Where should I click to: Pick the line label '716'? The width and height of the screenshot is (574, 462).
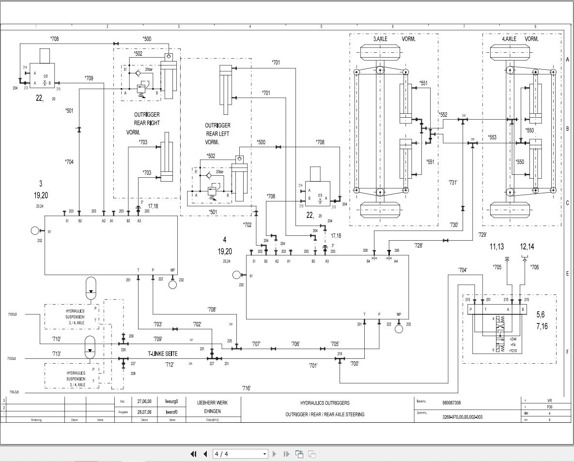click(x=246, y=388)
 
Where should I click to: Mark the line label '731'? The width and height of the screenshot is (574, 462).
click(x=453, y=183)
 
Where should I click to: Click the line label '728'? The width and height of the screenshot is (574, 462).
click(x=418, y=246)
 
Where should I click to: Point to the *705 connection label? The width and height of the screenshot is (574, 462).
click(x=497, y=267)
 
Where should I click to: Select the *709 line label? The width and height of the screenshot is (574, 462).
click(x=89, y=77)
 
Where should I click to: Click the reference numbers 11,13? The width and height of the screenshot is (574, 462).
click(x=497, y=247)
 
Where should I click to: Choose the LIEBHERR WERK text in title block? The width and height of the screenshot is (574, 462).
click(x=212, y=402)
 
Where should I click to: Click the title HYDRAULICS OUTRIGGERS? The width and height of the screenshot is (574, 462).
click(x=325, y=403)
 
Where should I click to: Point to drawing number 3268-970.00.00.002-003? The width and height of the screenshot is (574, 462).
click(x=463, y=417)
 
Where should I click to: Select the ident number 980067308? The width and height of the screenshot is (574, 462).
click(x=451, y=402)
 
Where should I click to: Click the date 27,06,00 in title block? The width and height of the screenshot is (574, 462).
click(x=144, y=401)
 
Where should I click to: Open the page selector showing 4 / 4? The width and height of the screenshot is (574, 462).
click(x=240, y=454)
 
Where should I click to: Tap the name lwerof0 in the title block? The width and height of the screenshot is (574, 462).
click(x=172, y=412)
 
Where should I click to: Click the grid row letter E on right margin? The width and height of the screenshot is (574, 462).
click(x=567, y=274)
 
